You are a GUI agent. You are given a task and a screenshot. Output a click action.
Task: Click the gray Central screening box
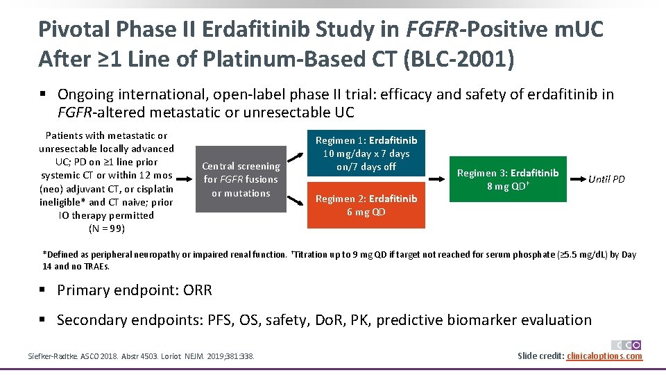(x=241, y=179)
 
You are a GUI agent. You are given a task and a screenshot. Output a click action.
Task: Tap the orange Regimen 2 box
(x=367, y=206)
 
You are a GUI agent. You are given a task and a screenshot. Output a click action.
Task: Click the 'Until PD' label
(x=606, y=179)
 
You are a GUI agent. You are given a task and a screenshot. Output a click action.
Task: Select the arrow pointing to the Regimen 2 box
(x=296, y=198)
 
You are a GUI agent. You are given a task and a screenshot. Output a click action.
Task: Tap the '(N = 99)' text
(x=106, y=228)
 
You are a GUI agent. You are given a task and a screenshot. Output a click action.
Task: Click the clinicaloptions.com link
(x=604, y=356)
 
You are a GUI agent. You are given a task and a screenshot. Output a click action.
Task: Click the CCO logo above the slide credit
(x=626, y=344)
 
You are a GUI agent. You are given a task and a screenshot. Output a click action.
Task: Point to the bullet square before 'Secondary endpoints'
(x=43, y=320)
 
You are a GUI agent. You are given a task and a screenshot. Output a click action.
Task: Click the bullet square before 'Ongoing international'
(x=43, y=94)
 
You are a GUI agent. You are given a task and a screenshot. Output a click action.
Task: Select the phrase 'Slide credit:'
(x=540, y=356)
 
